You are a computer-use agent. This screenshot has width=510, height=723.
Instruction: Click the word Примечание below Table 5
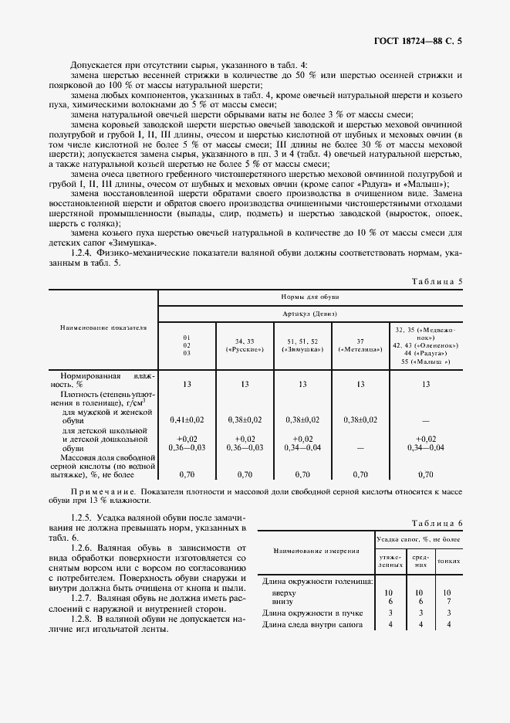click(x=99, y=490)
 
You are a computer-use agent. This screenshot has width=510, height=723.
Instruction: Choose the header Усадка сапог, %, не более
click(x=417, y=538)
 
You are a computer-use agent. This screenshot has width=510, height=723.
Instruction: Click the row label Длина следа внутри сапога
click(x=312, y=623)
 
